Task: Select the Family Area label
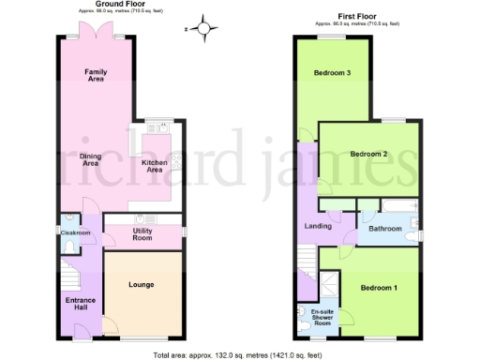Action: point(95,76)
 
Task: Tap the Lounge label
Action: point(141,284)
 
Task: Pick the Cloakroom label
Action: point(75,232)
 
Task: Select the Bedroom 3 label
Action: point(332,73)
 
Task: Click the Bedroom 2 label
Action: point(368,154)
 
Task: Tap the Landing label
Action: point(318,225)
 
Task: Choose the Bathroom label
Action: point(384,228)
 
